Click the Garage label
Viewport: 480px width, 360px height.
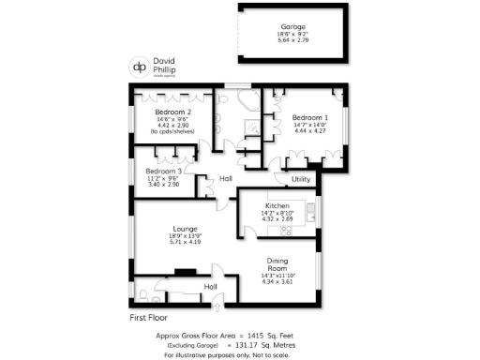pos(293,26)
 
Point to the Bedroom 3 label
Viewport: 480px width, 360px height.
pos(164,171)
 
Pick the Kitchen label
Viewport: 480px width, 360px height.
pos(277,205)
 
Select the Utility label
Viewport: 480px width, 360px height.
pos(301,178)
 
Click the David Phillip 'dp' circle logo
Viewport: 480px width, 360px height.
pos(138,67)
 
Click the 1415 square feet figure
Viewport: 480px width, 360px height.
pos(255,335)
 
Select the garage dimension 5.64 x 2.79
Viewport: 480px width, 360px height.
pos(293,40)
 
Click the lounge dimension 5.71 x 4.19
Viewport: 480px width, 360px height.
pos(185,243)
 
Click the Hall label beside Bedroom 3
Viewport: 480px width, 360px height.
pos(226,178)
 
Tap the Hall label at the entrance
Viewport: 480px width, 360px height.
pos(211,286)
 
